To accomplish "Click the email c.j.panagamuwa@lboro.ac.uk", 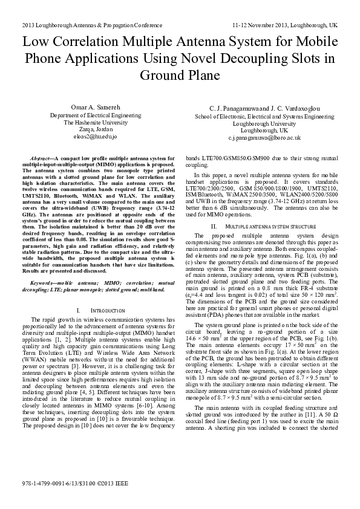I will [x=264, y=138].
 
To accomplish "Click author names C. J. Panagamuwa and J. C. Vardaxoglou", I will [x=264, y=107].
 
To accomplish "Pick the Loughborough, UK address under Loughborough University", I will [x=264, y=130].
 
